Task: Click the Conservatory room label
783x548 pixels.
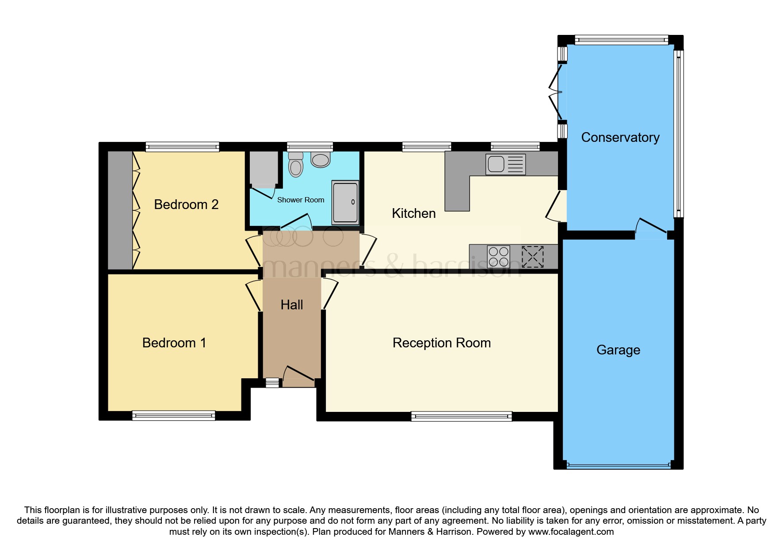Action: coord(620,137)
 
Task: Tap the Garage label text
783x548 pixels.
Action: coord(618,350)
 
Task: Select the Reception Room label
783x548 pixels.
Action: coord(441,343)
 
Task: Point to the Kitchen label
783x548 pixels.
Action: coord(413,213)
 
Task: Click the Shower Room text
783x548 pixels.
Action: coord(300,200)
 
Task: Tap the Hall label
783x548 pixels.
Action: coord(292,305)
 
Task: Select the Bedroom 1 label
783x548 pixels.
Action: coord(174,343)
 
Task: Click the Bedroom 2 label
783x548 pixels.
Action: coord(186,205)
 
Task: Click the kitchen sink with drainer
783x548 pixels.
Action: coord(505,164)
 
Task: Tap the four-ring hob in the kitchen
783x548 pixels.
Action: coord(498,257)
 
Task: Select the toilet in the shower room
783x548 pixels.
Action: coord(296,165)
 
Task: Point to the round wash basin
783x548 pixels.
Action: coord(321,160)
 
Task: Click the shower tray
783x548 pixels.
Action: coord(345,202)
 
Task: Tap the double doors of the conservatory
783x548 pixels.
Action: coord(555,93)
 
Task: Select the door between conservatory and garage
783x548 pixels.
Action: coord(651,228)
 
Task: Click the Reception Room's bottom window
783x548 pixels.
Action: coord(461,416)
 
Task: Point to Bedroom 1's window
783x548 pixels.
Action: coord(173,415)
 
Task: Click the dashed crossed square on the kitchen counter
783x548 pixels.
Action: coord(532,257)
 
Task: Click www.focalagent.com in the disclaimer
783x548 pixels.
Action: coord(571,532)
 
